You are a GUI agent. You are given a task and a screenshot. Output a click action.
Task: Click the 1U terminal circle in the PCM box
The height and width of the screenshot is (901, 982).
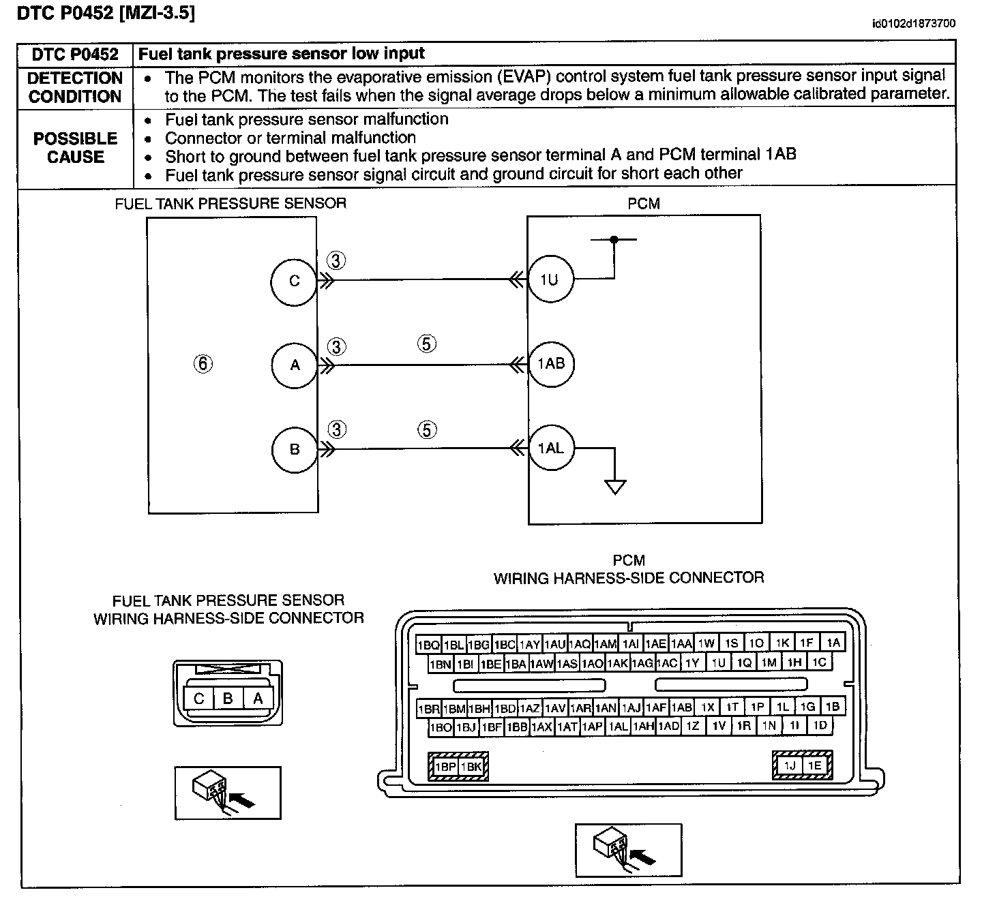tap(551, 279)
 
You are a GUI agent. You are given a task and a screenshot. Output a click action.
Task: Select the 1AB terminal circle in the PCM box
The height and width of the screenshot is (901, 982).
tap(551, 364)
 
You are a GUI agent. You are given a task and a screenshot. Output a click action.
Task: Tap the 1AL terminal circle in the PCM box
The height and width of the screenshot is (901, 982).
tap(551, 448)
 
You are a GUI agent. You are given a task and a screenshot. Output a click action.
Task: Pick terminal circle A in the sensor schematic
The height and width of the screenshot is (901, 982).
tap(295, 365)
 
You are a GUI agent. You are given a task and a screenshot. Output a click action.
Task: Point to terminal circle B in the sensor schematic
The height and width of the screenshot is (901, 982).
tap(295, 449)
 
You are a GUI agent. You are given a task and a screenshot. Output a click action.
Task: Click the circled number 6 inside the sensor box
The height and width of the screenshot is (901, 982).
tap(203, 364)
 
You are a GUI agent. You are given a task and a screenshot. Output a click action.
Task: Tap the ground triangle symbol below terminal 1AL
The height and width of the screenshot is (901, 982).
tap(615, 487)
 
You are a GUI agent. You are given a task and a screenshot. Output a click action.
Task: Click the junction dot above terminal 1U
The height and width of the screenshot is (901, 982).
tap(614, 239)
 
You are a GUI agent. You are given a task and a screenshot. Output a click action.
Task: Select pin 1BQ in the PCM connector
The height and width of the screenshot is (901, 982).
tap(428, 645)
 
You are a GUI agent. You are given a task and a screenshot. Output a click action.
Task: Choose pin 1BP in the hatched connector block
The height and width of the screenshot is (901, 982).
tap(445, 767)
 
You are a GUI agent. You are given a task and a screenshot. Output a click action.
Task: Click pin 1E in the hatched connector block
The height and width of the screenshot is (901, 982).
tap(814, 765)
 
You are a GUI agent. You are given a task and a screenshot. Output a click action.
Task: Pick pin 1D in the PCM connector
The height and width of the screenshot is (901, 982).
tap(820, 725)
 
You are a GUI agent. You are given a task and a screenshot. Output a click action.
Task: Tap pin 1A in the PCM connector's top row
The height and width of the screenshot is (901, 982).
tap(833, 643)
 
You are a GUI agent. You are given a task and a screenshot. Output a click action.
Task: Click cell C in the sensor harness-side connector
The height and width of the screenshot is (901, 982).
tap(198, 699)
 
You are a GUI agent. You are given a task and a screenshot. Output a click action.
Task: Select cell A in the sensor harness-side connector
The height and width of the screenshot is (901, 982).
tap(258, 699)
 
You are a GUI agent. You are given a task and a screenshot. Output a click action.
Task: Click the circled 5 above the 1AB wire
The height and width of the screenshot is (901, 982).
tap(426, 343)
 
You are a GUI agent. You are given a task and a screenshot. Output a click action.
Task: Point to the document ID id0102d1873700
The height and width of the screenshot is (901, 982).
tap(914, 23)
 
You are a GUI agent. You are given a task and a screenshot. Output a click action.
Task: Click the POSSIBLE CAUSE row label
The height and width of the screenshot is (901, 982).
tap(76, 148)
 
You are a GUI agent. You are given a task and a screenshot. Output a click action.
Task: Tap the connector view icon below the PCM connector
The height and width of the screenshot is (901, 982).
tap(629, 850)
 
